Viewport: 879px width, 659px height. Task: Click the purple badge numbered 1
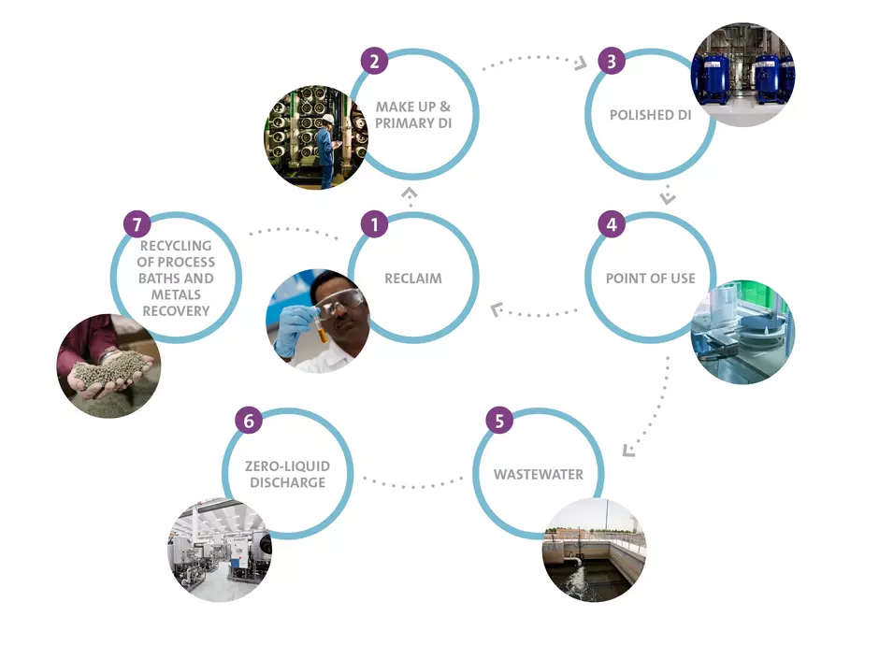click(x=374, y=224)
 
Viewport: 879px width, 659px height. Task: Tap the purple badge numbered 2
click(x=374, y=62)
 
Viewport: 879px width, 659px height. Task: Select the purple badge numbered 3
click(x=611, y=62)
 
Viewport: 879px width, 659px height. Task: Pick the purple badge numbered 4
click(x=611, y=224)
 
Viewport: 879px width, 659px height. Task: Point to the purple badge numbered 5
click(x=499, y=420)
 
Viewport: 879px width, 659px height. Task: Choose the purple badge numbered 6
click(x=249, y=420)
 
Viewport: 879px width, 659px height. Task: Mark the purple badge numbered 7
click(x=137, y=224)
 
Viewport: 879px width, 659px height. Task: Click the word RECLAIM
click(x=412, y=279)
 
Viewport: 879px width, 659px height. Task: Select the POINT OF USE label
click(x=650, y=279)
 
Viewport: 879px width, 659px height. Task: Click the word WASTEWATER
click(x=538, y=475)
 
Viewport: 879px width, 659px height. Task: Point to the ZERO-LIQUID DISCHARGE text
click(x=287, y=475)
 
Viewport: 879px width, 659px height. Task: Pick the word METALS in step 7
click(x=176, y=294)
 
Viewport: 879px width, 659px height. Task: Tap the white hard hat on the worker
click(x=328, y=119)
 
